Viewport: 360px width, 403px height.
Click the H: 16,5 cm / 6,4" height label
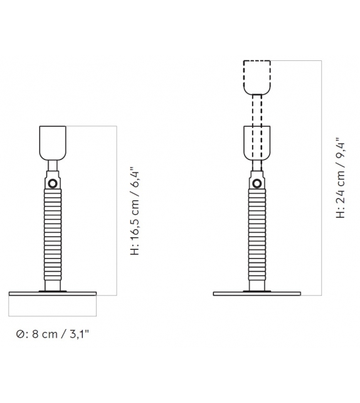point(135,211)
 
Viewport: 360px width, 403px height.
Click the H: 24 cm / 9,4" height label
point(340,178)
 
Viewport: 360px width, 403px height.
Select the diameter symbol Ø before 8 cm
point(21,335)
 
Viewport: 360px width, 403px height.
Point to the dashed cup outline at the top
point(257,77)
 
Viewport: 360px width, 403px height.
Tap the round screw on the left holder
point(53,183)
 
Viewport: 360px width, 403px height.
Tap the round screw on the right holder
point(257,183)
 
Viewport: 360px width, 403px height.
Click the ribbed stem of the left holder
point(53,235)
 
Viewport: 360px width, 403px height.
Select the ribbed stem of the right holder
point(257,235)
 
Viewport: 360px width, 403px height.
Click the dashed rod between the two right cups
point(257,110)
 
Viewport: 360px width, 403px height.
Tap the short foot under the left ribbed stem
point(53,286)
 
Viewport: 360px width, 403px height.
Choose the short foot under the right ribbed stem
point(257,286)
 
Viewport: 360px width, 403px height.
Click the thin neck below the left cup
point(53,167)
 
